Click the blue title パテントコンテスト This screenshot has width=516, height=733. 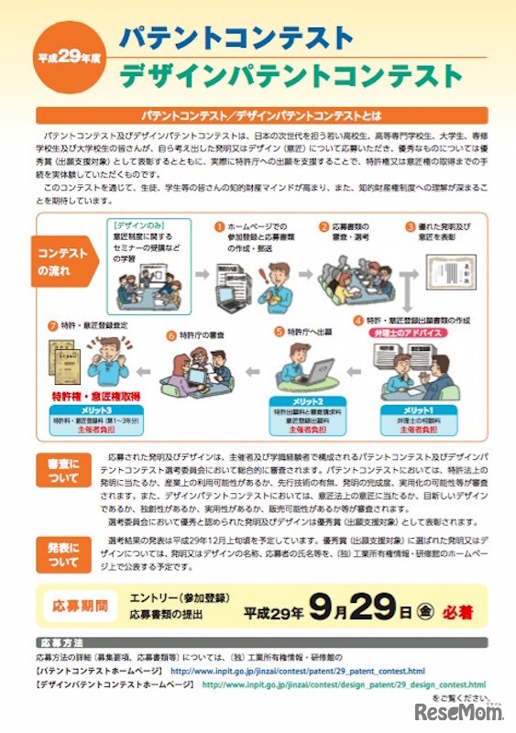[236, 38]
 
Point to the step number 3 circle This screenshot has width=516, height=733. [409, 225]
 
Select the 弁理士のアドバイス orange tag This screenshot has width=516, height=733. [405, 333]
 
